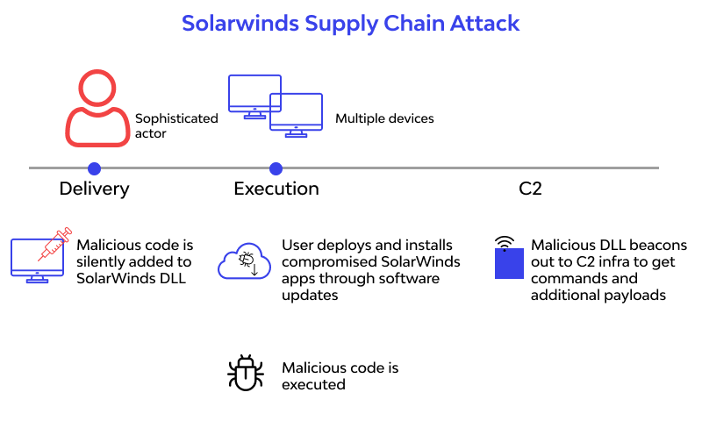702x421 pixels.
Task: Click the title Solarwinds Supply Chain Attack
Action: click(351, 23)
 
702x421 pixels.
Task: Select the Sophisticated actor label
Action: click(175, 125)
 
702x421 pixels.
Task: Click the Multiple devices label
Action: click(384, 118)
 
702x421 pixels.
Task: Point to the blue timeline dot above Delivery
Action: click(94, 168)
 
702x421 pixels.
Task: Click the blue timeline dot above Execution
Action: click(276, 168)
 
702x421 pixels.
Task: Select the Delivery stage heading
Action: click(94, 189)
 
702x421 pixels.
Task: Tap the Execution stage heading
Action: click(276, 189)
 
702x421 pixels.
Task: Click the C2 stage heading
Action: click(530, 189)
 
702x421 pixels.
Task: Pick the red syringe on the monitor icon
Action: click(54, 245)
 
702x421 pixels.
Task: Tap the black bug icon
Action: click(245, 373)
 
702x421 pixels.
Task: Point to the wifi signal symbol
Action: click(504, 241)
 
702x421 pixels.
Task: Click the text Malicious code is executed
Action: click(340, 375)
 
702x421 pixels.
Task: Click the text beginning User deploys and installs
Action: click(370, 270)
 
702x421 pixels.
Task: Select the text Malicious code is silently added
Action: click(135, 261)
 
